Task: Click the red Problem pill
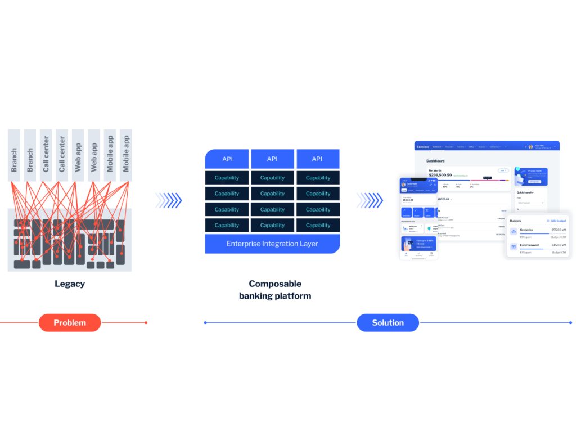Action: [x=70, y=322]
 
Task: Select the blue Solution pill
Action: [x=388, y=322]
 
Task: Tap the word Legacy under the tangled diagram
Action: [x=70, y=283]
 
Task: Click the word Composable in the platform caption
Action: [x=275, y=283]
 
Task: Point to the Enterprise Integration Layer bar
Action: [x=272, y=244]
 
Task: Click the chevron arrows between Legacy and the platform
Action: [x=169, y=200]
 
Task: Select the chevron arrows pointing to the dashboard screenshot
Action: [x=369, y=200]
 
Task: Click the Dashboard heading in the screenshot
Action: [x=435, y=161]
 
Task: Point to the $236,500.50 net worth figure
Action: [x=440, y=175]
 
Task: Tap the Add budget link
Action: [x=556, y=220]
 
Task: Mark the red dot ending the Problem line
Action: [x=146, y=322]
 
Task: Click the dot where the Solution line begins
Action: [x=205, y=322]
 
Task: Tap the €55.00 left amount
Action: [x=558, y=229]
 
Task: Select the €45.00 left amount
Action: [x=558, y=245]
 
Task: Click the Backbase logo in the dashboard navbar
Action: [x=422, y=147]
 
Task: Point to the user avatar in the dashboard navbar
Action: [x=530, y=147]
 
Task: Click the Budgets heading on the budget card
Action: [x=516, y=220]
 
